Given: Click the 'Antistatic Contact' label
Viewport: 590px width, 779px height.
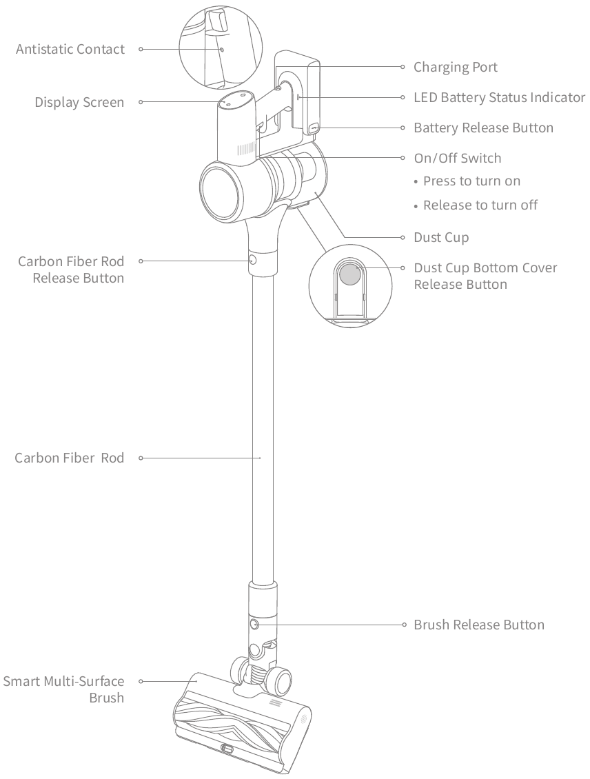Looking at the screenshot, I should [70, 50].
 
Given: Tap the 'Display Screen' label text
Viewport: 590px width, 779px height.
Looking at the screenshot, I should [80, 103].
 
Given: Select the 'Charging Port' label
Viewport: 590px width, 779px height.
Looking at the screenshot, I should [455, 67].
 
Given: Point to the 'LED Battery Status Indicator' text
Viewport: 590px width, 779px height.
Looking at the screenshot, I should [499, 97].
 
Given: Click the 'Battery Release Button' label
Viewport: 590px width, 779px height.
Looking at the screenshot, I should [483, 128].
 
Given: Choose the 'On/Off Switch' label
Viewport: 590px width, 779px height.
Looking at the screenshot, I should [457, 159].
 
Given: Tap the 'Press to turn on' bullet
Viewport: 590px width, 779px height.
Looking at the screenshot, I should [471, 181].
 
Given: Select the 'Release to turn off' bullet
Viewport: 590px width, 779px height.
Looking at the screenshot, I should [480, 205].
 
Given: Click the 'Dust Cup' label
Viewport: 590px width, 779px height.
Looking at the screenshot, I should [441, 238].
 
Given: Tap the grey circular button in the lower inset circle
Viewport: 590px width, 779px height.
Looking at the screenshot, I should [350, 274].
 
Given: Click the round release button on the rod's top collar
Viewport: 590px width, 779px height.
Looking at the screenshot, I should [252, 260].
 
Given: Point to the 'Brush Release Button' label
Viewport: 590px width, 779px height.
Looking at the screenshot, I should [479, 625].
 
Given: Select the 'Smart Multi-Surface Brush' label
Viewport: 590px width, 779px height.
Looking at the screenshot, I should [64, 689].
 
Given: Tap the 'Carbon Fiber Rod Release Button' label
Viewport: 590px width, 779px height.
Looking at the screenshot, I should [71, 270].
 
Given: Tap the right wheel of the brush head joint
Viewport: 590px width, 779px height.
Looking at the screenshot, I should [283, 681].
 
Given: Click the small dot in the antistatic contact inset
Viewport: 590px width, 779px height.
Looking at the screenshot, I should [221, 50].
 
